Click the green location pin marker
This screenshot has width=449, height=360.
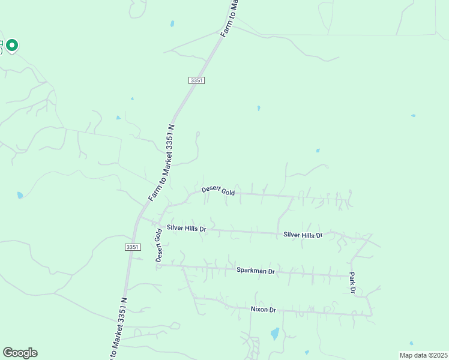point(11,45)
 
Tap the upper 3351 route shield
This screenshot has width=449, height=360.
point(196,80)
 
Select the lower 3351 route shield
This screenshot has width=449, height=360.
point(133,247)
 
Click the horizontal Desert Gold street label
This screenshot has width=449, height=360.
point(218,190)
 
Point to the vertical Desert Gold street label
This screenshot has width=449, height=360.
point(159,245)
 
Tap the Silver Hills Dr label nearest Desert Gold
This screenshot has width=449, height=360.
point(186,229)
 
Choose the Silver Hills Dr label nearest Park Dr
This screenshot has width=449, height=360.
point(303,235)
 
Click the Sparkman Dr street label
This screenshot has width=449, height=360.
point(255,271)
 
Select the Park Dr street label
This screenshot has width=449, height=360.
point(353,284)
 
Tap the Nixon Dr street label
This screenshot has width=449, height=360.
point(263,310)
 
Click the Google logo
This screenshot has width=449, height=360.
point(20,353)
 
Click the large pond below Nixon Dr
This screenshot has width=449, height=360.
point(274,334)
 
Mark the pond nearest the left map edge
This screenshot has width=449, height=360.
point(20,196)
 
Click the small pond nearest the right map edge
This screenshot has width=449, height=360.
point(413,115)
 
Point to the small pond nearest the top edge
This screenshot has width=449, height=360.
point(172,24)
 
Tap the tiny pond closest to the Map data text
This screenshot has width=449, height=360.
point(306,352)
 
